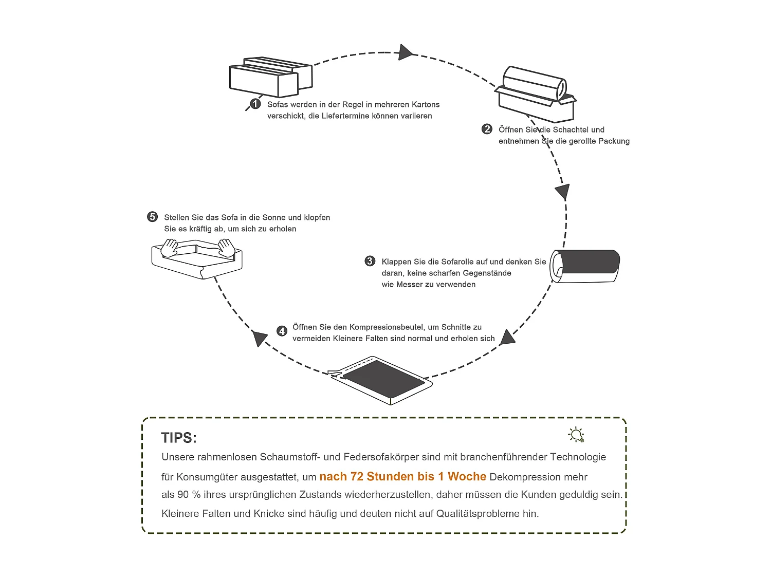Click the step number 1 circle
point(255,104)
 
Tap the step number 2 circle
point(487,129)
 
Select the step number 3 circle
point(370,262)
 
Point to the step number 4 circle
point(282,331)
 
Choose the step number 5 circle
point(153,217)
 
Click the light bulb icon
point(577,435)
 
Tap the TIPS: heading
point(179,438)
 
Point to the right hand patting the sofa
point(226,247)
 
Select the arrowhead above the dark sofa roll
point(563,192)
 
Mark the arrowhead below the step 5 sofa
point(260,338)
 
